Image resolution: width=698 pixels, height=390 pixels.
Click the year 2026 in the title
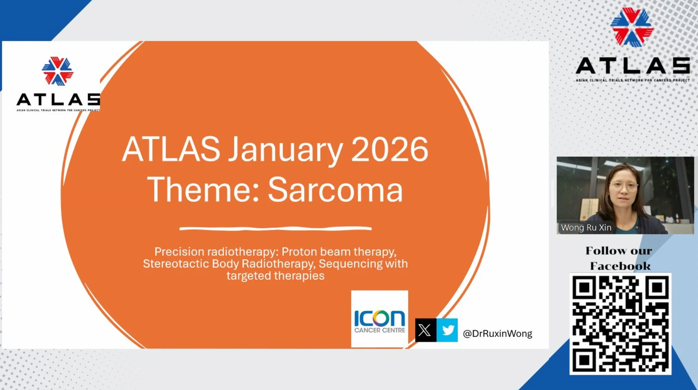pos(389,149)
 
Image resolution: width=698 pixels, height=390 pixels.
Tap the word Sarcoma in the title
pos(335,189)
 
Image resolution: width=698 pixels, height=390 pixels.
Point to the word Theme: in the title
pos(204,189)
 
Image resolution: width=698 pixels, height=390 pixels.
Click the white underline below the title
pos(276,228)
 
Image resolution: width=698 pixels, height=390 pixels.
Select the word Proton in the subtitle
pos(299,252)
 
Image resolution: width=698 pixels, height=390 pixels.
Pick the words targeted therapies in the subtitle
pos(276,276)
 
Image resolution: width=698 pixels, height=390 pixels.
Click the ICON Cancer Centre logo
pos(380,319)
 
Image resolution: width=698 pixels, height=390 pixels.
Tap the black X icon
pos(426,330)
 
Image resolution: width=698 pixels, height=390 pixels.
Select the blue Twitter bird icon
pos(447,330)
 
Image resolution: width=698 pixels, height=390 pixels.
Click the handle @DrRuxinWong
pos(497,334)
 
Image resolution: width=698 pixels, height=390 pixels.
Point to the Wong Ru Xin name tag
pos(586,228)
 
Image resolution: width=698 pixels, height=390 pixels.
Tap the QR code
pos(620,324)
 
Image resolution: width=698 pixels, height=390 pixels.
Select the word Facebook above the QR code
pos(620,266)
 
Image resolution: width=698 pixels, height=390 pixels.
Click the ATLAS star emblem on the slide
pos(58,71)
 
